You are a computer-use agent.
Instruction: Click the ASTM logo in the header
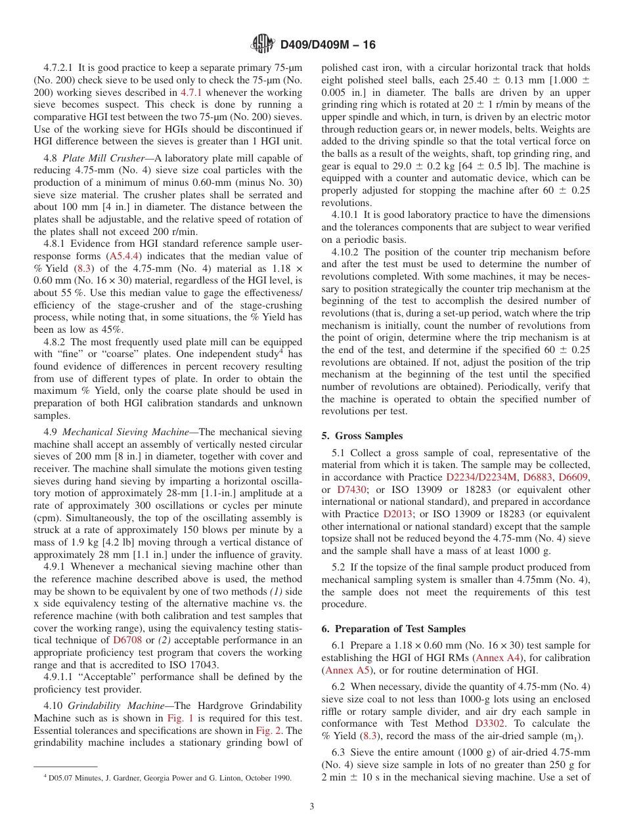(x=263, y=45)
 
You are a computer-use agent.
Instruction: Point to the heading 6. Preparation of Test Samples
(x=393, y=629)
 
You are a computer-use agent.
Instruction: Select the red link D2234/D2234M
(x=481, y=477)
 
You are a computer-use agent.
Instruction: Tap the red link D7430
(x=349, y=489)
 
